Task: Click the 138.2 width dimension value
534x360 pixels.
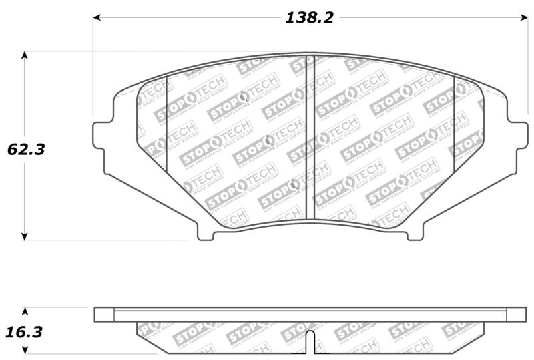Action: click(309, 18)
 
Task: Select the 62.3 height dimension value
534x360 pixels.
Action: click(26, 149)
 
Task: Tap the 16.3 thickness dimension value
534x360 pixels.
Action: click(26, 331)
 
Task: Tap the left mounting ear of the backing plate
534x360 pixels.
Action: click(100, 135)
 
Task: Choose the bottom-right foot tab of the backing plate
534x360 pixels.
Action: click(415, 233)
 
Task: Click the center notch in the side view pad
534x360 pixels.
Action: click(311, 342)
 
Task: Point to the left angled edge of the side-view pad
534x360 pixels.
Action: click(146, 337)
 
